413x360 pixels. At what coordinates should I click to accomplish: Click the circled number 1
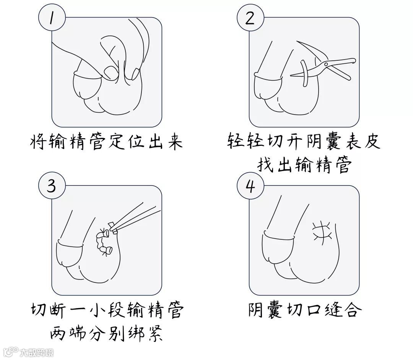pyautogui.click(x=52, y=18)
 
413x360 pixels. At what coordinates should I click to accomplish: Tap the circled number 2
pyautogui.click(x=250, y=18)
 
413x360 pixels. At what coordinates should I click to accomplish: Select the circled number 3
pyautogui.click(x=52, y=186)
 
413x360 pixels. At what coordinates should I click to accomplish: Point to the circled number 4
pyautogui.click(x=250, y=186)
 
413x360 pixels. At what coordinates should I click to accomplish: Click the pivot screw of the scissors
pyautogui.click(x=327, y=64)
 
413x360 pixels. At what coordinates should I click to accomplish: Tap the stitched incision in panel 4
pyautogui.click(x=322, y=231)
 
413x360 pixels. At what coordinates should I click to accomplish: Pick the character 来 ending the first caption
pyautogui.click(x=175, y=142)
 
